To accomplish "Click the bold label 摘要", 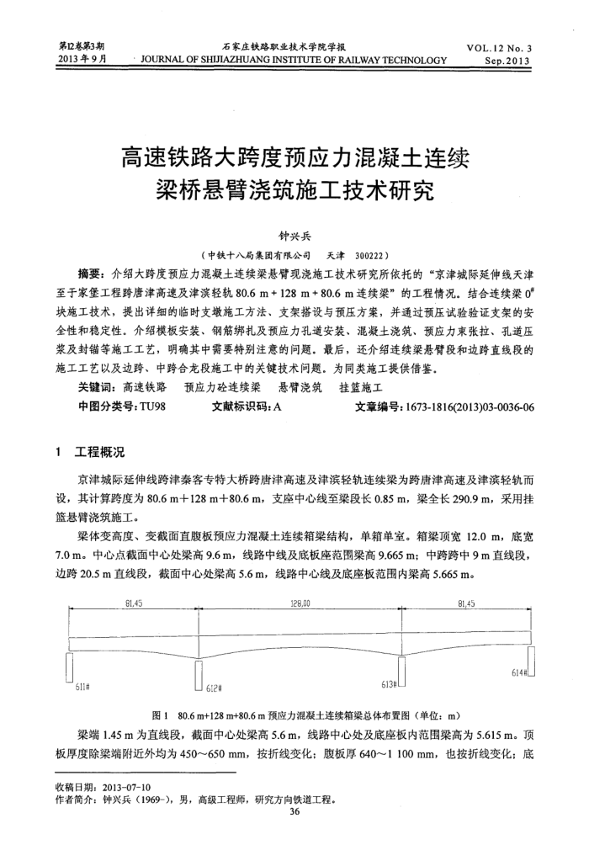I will (x=89, y=273).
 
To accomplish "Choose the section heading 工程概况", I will (x=100, y=455).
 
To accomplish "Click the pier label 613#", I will (x=389, y=683).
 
